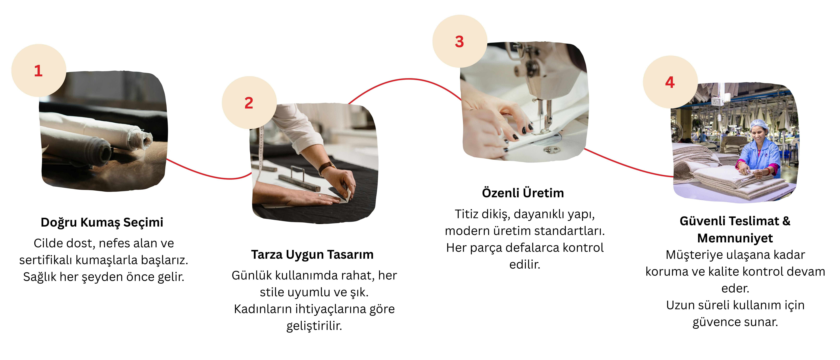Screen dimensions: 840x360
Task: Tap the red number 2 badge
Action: coord(249,103)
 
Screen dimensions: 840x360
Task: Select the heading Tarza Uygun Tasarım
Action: coord(312,254)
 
